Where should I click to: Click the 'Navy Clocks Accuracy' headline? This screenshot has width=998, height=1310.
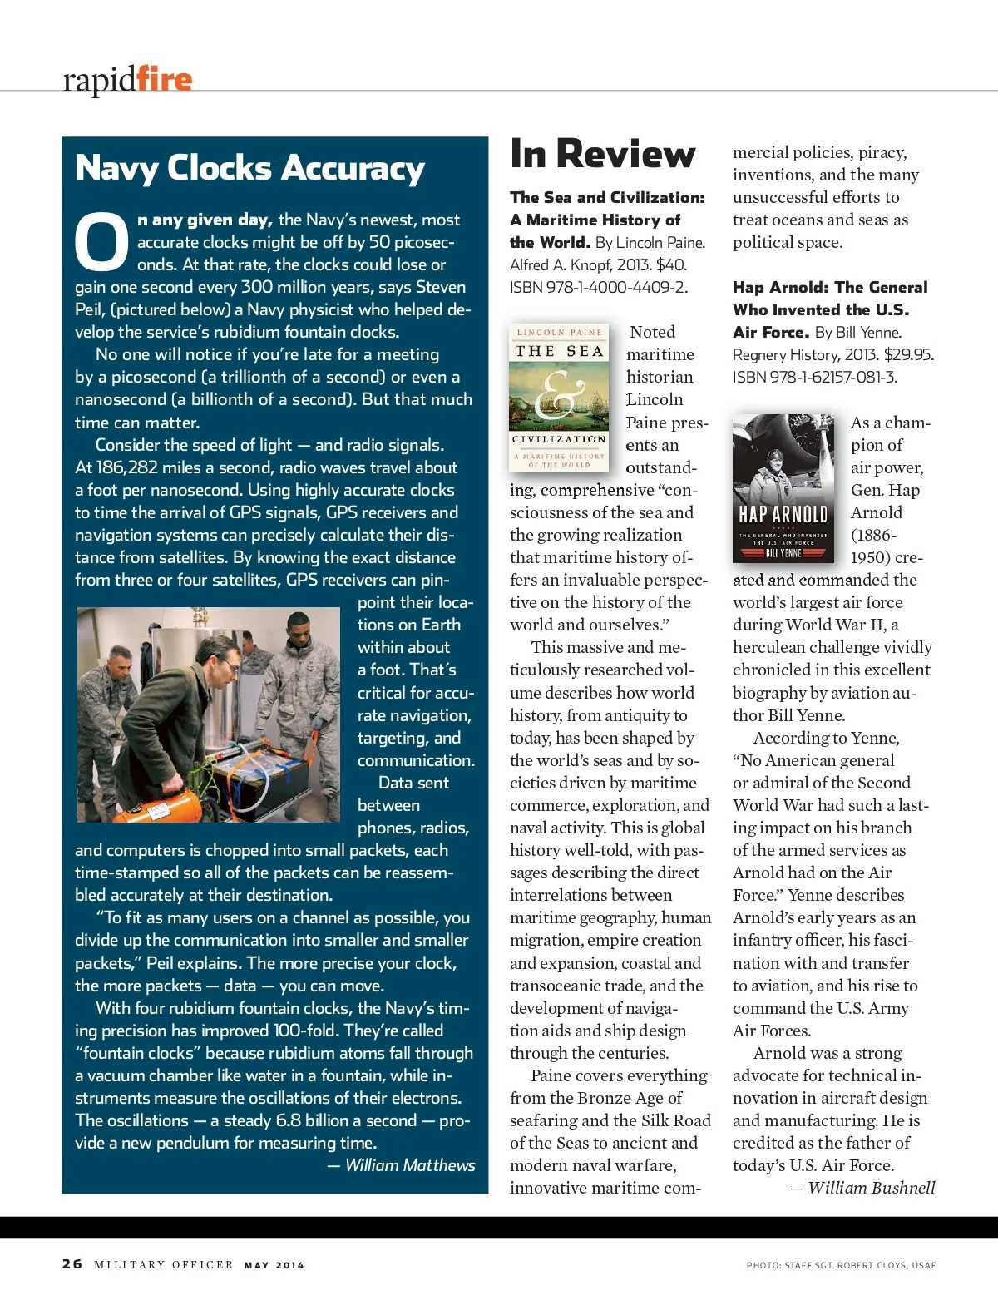(249, 169)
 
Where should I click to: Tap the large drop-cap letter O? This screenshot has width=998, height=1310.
(101, 243)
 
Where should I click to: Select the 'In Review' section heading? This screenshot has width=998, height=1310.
(602, 155)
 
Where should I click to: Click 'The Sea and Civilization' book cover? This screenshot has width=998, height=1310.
(559, 398)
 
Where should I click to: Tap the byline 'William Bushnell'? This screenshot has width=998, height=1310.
(871, 1188)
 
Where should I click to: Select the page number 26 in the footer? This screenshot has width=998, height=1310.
(72, 1264)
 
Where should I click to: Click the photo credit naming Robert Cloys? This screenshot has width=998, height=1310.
(841, 1265)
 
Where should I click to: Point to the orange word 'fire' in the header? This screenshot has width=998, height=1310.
(165, 79)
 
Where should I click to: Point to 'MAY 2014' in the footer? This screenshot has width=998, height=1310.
(274, 1265)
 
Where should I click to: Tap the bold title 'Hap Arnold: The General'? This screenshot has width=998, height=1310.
(829, 288)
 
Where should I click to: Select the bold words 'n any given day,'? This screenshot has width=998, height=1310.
(205, 220)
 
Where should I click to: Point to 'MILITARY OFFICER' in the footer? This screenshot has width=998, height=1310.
(164, 1265)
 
